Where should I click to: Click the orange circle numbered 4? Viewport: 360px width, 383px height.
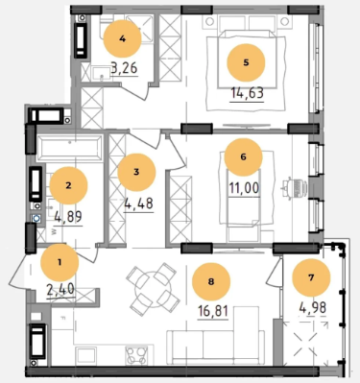[x=122, y=39]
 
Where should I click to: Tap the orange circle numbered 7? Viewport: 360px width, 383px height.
[x=311, y=277]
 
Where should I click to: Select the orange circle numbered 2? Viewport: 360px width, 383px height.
[x=68, y=185]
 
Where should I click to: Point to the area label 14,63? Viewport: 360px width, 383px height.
[x=248, y=93]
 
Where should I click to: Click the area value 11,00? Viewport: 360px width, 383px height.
[x=244, y=188]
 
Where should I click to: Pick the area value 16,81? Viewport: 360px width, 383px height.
[x=213, y=310]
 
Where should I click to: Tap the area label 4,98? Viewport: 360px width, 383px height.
[x=313, y=307]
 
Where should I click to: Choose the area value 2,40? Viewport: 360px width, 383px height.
[x=60, y=289]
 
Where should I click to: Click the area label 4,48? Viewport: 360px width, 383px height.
[x=138, y=203]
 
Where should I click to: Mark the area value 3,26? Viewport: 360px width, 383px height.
[x=124, y=67]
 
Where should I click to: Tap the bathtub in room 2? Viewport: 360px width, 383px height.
[x=69, y=148]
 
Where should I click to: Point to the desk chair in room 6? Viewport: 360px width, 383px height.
[x=295, y=186]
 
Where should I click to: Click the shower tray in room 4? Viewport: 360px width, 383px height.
[x=140, y=29]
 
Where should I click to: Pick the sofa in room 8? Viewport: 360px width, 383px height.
[x=216, y=347]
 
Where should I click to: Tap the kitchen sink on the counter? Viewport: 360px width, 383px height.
[x=85, y=355]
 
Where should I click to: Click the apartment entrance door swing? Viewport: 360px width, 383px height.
[x=20, y=273]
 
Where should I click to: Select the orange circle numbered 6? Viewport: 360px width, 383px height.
[x=244, y=157]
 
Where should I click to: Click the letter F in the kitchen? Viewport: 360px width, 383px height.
[x=62, y=319]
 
